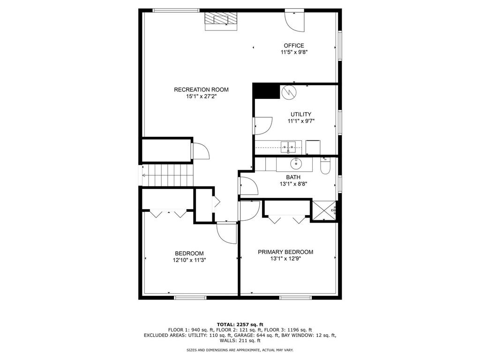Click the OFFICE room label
(x=293, y=45)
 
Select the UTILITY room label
(x=300, y=114)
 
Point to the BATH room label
(x=293, y=177)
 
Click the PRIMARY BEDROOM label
(x=285, y=252)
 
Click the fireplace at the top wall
(x=221, y=21)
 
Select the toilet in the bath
(x=325, y=166)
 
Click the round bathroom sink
(x=296, y=164)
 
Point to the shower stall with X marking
(x=323, y=209)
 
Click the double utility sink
(x=288, y=147)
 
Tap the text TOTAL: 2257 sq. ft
(x=240, y=324)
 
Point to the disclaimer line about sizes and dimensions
(x=240, y=350)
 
